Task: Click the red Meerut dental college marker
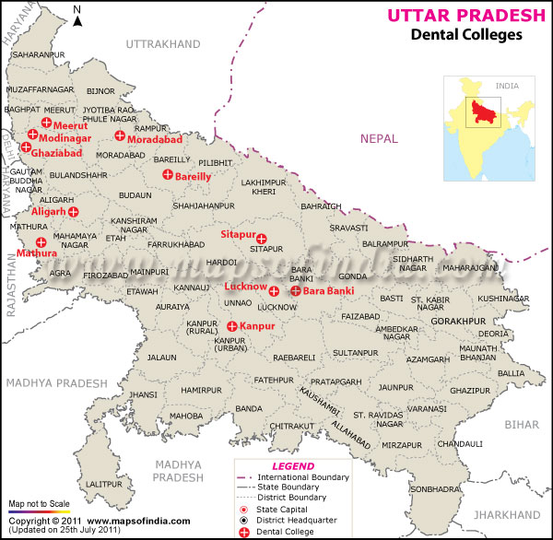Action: (x=45, y=123)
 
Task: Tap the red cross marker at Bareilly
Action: (x=168, y=175)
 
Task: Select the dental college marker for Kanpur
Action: (x=231, y=326)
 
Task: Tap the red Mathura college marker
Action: (x=41, y=241)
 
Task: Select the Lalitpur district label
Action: (x=102, y=484)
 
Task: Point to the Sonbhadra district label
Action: (x=434, y=489)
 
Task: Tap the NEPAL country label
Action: (x=380, y=139)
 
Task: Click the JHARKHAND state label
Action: (x=509, y=514)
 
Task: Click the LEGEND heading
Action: (x=294, y=466)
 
